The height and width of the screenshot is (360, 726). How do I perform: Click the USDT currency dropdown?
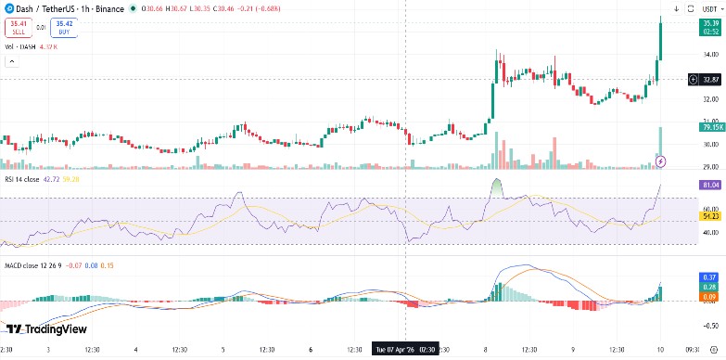(709, 8)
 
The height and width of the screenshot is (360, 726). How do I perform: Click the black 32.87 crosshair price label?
(711, 80)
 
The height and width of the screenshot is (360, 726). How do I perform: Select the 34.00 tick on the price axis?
(710, 54)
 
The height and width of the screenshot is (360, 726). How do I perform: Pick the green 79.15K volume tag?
(711, 127)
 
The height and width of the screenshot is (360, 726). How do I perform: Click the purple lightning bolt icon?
(660, 161)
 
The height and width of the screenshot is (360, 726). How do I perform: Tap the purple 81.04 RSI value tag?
(711, 185)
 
